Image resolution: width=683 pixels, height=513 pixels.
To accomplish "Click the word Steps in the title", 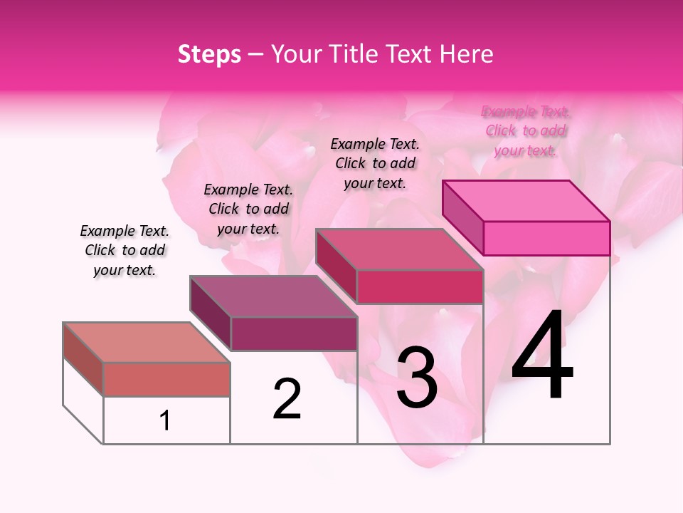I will [x=208, y=54].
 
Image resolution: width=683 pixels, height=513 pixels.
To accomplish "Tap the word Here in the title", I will [x=467, y=54].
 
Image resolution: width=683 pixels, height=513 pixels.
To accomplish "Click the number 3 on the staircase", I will [x=416, y=378].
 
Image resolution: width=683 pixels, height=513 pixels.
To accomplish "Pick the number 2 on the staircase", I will [x=287, y=399].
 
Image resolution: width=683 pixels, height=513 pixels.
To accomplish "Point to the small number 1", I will [x=165, y=420].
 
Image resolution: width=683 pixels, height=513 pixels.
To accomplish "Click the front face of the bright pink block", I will [x=546, y=238].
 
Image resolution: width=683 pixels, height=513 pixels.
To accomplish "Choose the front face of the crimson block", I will [x=420, y=286].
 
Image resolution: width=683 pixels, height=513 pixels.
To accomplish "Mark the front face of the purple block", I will [x=293, y=333].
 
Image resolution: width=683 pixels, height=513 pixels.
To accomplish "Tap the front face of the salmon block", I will [x=166, y=379].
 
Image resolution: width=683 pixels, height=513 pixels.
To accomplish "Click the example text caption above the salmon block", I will [x=125, y=250].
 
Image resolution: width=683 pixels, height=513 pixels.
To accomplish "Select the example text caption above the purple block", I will [x=248, y=209].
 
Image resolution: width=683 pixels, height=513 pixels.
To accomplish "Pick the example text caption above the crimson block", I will [x=375, y=163].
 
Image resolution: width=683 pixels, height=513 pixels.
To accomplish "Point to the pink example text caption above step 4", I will [x=526, y=130].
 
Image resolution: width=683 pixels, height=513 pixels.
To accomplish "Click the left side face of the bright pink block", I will [x=463, y=217].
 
